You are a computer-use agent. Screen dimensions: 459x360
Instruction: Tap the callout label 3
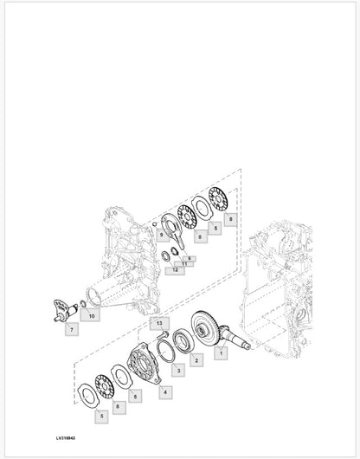point(178,371)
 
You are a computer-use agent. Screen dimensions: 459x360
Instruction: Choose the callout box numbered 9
point(160,236)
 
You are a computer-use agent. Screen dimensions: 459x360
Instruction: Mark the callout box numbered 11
point(183,263)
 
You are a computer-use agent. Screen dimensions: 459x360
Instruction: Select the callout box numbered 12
point(176,270)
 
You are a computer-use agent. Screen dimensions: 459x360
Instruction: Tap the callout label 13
point(159,323)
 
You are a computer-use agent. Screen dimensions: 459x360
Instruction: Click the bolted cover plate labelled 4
point(143,365)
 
